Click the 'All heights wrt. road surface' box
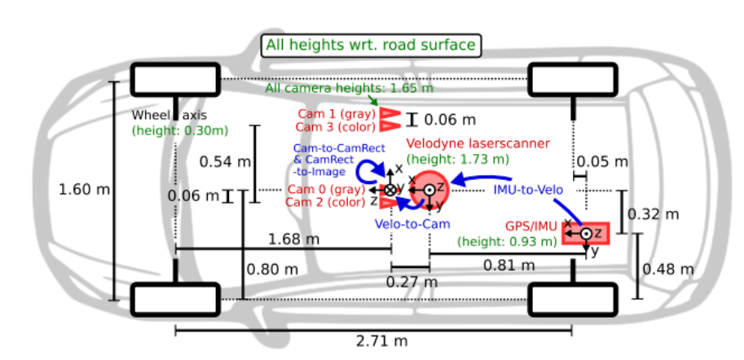pos(372,46)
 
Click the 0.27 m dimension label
pos(410,282)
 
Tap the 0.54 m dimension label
pos(225,161)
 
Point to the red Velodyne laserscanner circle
pos(429,189)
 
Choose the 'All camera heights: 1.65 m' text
pos(350,88)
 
